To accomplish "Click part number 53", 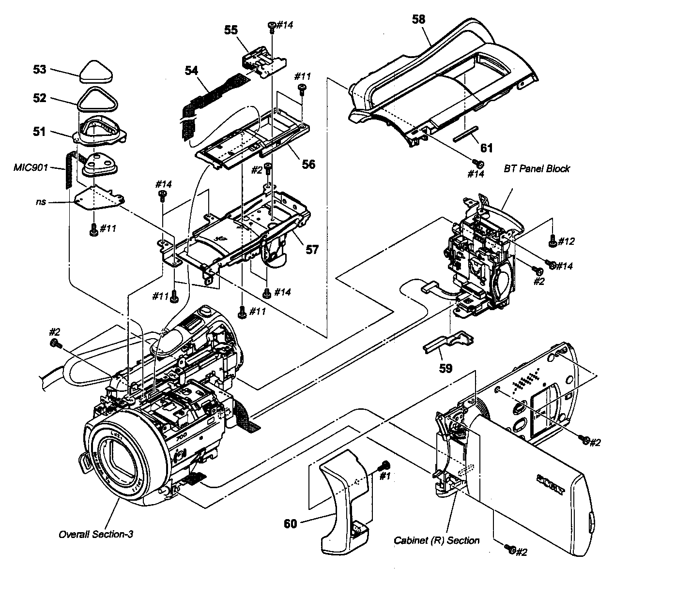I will click(x=40, y=70).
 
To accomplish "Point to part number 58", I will click(x=418, y=19).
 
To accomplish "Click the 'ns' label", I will click(x=41, y=201).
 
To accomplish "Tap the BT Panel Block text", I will click(x=537, y=169).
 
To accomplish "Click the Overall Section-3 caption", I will click(x=95, y=534).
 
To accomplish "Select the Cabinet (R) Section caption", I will click(x=436, y=540).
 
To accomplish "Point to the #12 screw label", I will click(x=566, y=241).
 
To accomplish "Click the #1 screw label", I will click(x=384, y=476).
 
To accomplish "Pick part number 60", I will click(x=290, y=523).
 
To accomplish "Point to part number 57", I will click(x=312, y=250).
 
